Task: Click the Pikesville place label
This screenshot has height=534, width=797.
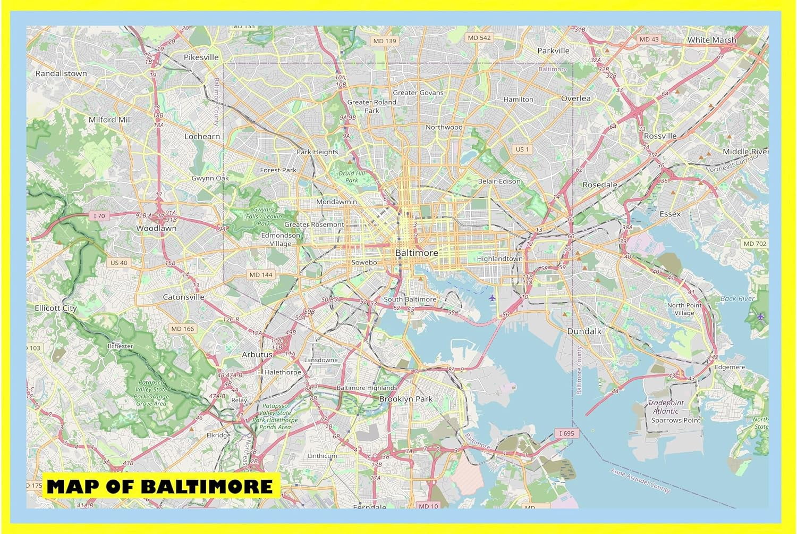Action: (x=201, y=57)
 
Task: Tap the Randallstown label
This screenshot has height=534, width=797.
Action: (x=61, y=73)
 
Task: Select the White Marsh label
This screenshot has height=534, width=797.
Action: (x=711, y=40)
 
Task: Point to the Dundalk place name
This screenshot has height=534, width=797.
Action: (x=584, y=331)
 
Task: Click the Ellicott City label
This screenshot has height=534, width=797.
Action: (x=55, y=308)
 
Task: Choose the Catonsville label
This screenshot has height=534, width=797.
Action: (x=183, y=297)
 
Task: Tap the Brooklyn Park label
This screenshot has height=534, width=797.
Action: (x=406, y=399)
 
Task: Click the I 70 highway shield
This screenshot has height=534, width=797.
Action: (x=99, y=216)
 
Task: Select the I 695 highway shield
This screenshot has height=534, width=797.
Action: (x=567, y=433)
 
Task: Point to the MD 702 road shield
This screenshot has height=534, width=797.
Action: (x=755, y=244)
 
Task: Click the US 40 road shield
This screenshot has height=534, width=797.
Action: (x=118, y=263)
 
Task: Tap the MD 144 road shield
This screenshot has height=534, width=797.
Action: (x=261, y=274)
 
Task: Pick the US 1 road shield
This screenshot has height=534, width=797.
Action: (x=522, y=149)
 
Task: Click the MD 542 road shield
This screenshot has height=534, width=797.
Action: (x=479, y=38)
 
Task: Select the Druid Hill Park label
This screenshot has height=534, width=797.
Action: (x=352, y=177)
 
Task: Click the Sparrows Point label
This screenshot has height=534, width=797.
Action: (x=676, y=420)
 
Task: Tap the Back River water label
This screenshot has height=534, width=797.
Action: (x=737, y=298)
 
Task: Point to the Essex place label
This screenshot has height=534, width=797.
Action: (x=669, y=214)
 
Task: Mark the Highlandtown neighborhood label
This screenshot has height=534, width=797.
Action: (x=499, y=258)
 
